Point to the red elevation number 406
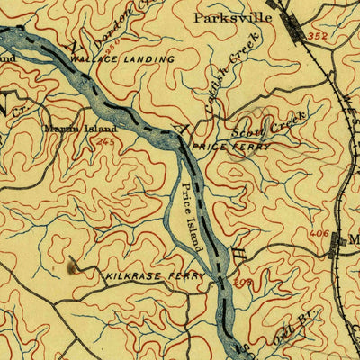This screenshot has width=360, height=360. pyautogui.click(x=317, y=233)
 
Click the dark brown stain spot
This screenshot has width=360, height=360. pyautogui.click(x=72, y=265)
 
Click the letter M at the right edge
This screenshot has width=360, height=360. pyautogui.click(x=353, y=238)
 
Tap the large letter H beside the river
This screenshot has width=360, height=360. pyautogui.click(x=238, y=240)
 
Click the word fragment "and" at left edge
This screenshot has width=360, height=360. pyautogui.click(x=7, y=58)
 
